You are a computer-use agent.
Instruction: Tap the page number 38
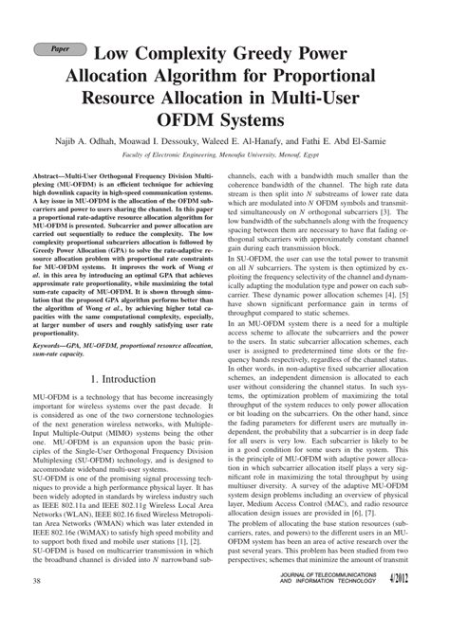point(36,607)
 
